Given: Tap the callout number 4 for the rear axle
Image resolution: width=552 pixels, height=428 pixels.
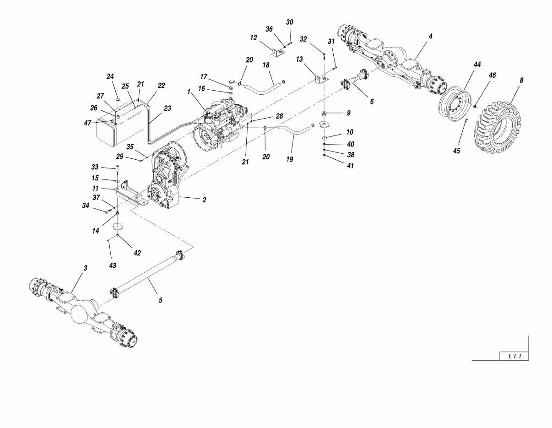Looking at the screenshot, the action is pos(431,36).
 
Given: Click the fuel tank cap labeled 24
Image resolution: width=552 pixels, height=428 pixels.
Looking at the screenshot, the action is pos(118,98).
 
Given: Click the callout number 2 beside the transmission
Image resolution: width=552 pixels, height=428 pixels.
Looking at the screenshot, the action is pos(204,200).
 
